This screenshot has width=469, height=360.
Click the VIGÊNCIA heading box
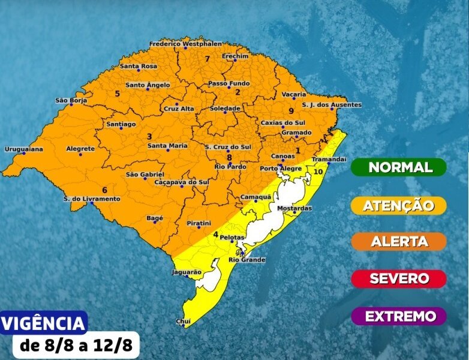pos(44,323)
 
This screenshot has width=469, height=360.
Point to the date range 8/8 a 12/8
pos(76,346)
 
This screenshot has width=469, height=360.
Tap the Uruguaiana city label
pos(24,149)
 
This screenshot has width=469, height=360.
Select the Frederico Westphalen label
pos(185,44)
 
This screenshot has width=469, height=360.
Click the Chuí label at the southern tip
pos(183,322)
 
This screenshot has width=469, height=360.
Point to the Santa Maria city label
pos(167,145)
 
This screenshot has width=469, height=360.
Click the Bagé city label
pos(155,218)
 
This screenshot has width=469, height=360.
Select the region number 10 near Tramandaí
pos(318,171)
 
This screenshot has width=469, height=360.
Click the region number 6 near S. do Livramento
pos(104,190)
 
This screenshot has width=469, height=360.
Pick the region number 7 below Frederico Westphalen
pos(207,59)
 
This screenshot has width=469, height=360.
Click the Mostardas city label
pos(294,208)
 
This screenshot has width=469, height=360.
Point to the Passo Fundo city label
pos(229,83)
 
